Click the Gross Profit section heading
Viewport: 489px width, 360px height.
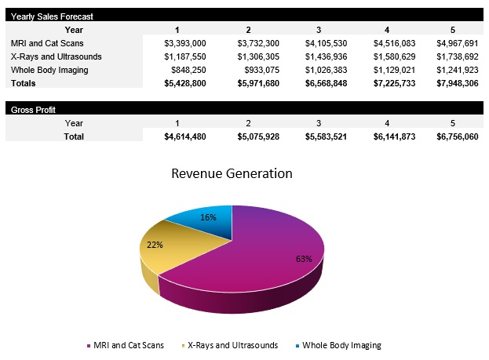(x=33, y=110)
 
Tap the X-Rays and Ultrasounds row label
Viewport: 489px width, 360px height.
(x=57, y=56)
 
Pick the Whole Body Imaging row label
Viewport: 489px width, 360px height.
(x=49, y=70)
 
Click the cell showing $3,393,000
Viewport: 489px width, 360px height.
(x=186, y=43)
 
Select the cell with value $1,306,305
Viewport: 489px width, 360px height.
(x=258, y=56)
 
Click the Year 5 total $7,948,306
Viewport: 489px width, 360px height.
(x=458, y=82)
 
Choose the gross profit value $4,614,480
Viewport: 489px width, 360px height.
(x=186, y=136)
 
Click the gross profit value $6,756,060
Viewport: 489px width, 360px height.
(x=458, y=136)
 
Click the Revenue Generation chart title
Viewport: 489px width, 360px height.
(x=232, y=173)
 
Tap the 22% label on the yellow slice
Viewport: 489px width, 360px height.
(x=155, y=245)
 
